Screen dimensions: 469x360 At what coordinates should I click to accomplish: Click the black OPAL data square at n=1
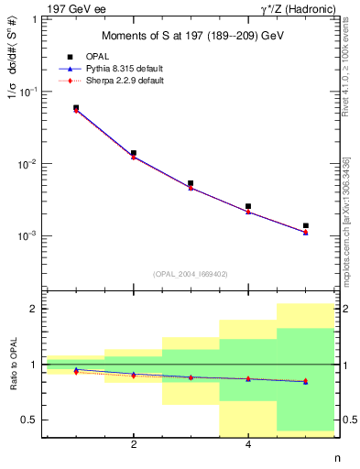tap(76, 107)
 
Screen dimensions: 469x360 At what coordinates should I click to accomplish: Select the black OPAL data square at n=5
tap(306, 225)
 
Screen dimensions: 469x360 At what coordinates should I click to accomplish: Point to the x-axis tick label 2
tap(134, 444)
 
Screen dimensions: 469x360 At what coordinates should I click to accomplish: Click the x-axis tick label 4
tap(248, 444)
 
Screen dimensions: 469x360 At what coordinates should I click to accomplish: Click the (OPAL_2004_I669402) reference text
tap(190, 273)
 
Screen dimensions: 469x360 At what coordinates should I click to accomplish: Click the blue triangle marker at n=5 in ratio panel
tap(306, 381)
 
